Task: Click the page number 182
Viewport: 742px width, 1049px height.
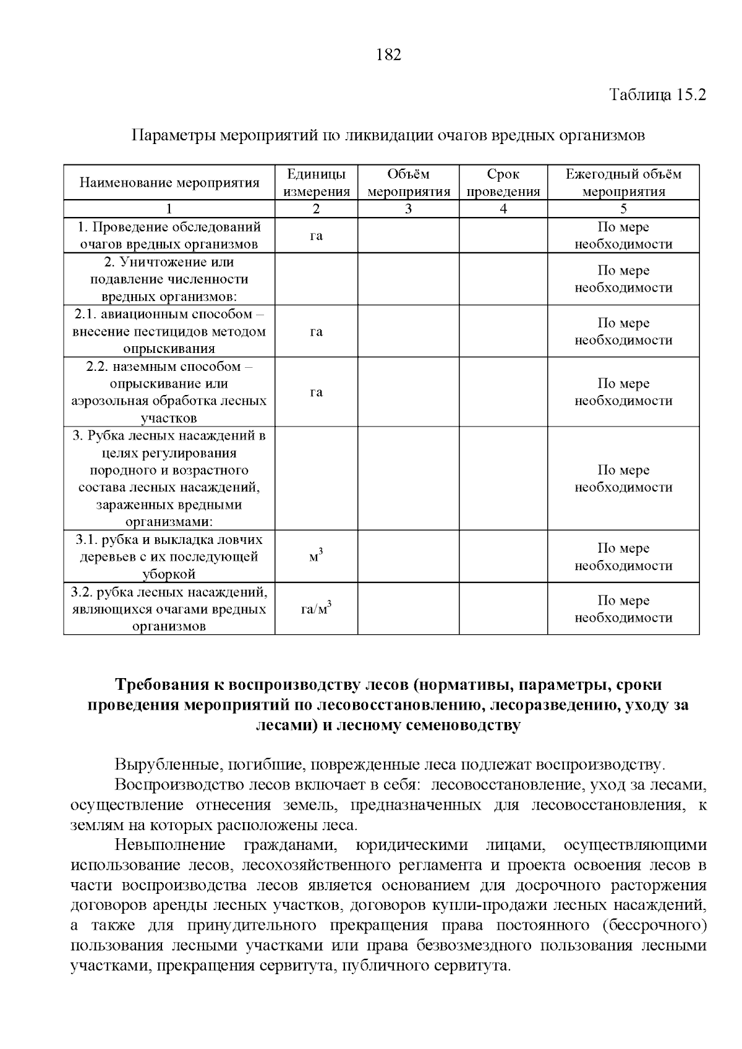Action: pyautogui.click(x=389, y=55)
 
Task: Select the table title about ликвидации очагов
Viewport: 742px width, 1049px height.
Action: pyautogui.click(x=388, y=135)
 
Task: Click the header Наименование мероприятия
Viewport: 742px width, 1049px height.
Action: pyautogui.click(x=169, y=183)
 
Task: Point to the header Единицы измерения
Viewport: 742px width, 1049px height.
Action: pyautogui.click(x=316, y=183)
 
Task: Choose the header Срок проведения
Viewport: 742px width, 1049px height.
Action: pyautogui.click(x=503, y=183)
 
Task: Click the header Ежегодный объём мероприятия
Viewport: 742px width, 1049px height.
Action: pyautogui.click(x=623, y=183)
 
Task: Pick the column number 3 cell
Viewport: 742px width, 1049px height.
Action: pyautogui.click(x=408, y=209)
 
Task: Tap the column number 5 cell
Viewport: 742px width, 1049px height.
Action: pyautogui.click(x=623, y=209)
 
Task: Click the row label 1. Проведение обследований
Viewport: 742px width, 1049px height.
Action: pyautogui.click(x=169, y=236)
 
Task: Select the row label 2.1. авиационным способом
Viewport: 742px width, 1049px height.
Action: pyautogui.click(x=169, y=331)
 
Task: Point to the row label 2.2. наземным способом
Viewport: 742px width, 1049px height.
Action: pyautogui.click(x=169, y=392)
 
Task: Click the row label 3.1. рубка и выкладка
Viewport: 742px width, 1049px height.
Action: pyautogui.click(x=169, y=556)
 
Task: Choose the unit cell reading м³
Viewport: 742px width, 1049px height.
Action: pyautogui.click(x=316, y=556)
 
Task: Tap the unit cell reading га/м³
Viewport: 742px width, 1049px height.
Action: pyautogui.click(x=316, y=609)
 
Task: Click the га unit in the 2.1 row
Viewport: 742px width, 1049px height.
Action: pyautogui.click(x=316, y=332)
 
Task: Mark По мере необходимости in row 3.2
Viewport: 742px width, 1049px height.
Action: pyautogui.click(x=623, y=609)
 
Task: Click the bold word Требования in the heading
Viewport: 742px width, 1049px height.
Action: pyautogui.click(x=162, y=685)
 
